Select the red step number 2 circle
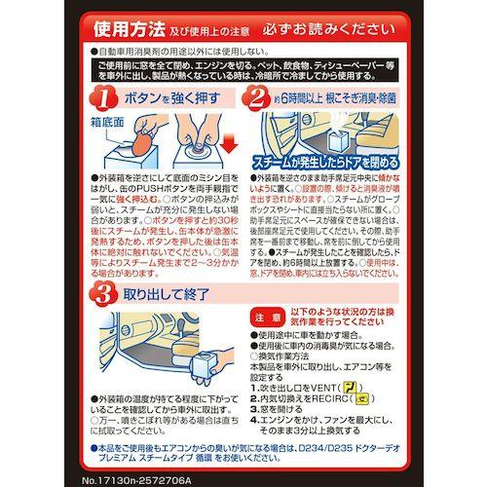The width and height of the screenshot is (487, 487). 258,97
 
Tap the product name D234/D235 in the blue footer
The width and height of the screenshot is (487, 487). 355,443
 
